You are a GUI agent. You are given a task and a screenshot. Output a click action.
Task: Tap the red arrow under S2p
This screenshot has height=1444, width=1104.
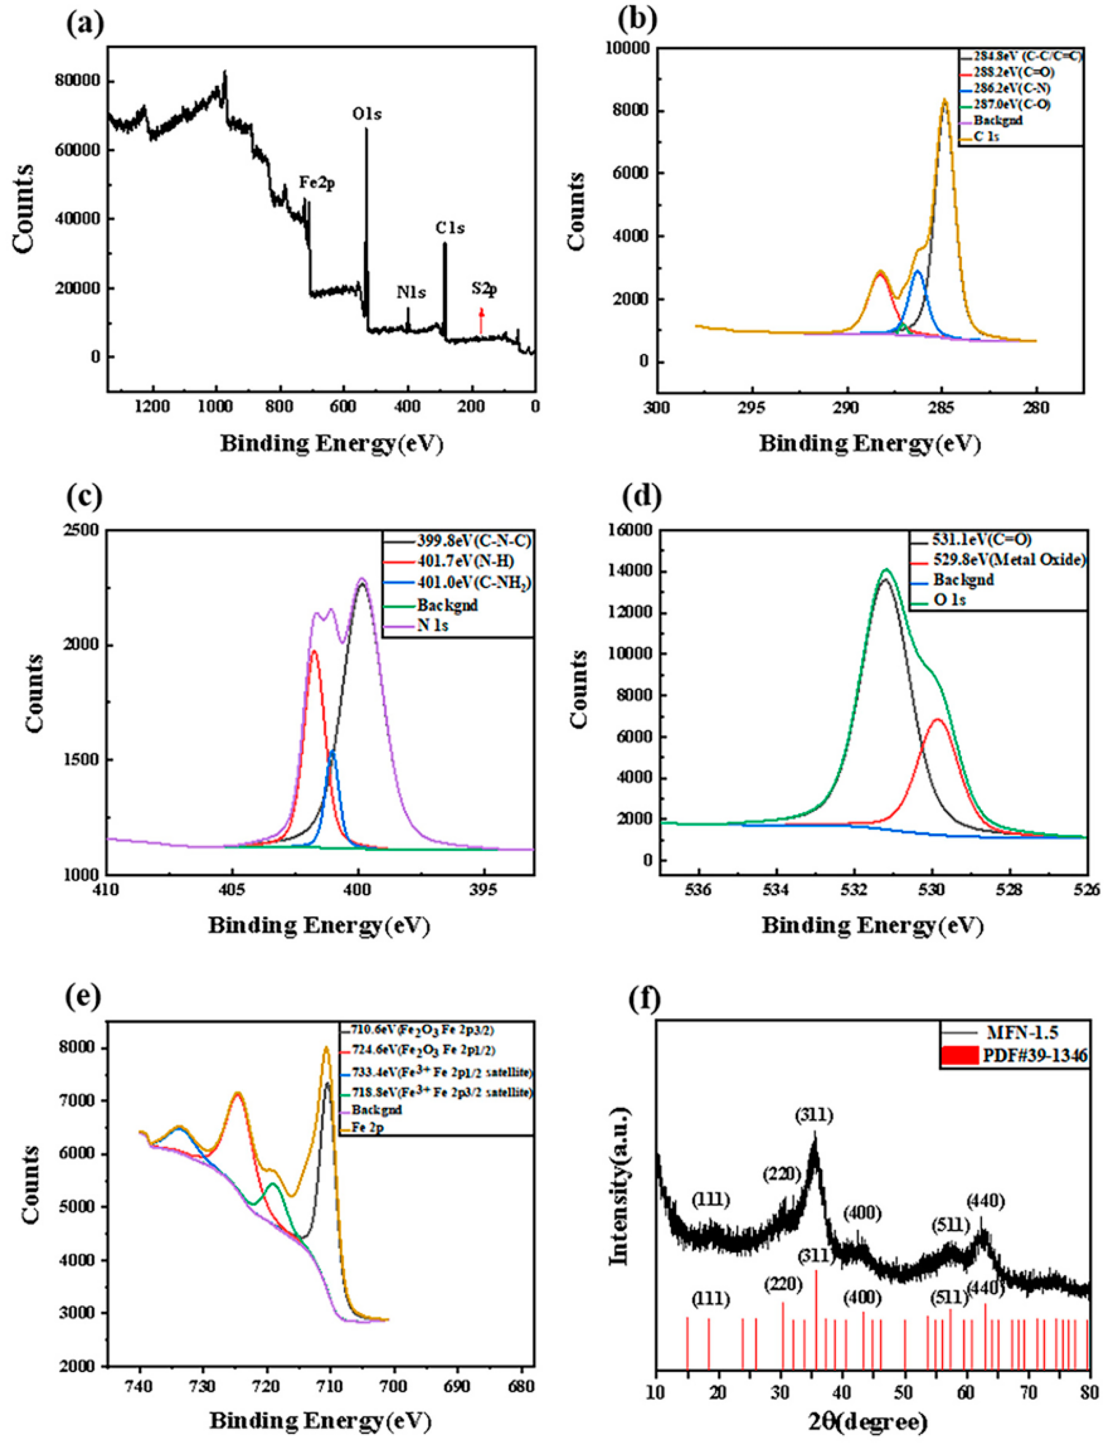click(481, 321)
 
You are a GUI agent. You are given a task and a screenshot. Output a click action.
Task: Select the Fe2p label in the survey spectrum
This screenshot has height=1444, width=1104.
click(317, 183)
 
